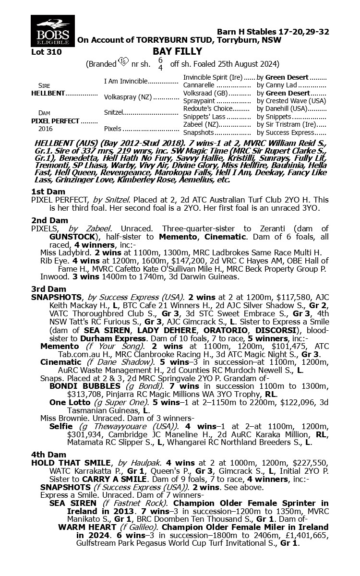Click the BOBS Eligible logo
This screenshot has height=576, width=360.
pyautogui.click(x=50, y=30)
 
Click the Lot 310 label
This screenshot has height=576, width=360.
pyautogui.click(x=46, y=52)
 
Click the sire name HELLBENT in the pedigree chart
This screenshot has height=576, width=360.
pyautogui.click(x=48, y=93)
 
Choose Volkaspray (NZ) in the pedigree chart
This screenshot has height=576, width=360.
pyautogui.click(x=128, y=97)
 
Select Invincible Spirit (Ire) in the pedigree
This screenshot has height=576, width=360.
pyautogui.click(x=214, y=77)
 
